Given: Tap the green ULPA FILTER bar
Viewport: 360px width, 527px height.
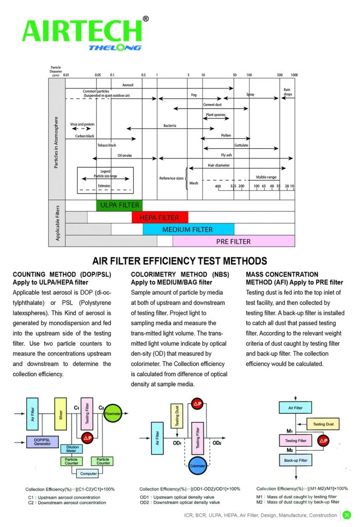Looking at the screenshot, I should tap(119, 205).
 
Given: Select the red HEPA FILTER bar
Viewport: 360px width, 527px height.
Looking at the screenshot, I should tap(160, 217).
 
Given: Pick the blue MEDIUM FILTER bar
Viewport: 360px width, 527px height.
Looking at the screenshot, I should tap(187, 230).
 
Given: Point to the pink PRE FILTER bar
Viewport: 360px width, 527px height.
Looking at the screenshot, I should tap(233, 241).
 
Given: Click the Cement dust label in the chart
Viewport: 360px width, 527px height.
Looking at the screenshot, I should tap(212, 104).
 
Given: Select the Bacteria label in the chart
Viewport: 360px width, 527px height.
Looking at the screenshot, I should tap(170, 125).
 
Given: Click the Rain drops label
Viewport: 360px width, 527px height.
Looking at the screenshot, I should tap(287, 93).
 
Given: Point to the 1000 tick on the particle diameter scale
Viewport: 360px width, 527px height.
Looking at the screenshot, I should tap(294, 75).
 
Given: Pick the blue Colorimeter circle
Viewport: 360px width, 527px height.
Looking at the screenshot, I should tap(198, 466).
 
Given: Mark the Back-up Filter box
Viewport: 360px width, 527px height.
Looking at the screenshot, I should tap(296, 461).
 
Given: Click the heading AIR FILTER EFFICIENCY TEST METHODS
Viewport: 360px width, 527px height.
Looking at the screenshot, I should tap(179, 261).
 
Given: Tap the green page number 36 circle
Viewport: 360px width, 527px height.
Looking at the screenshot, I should tap(347, 515).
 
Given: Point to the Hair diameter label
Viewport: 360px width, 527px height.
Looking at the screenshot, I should tap(218, 165).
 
